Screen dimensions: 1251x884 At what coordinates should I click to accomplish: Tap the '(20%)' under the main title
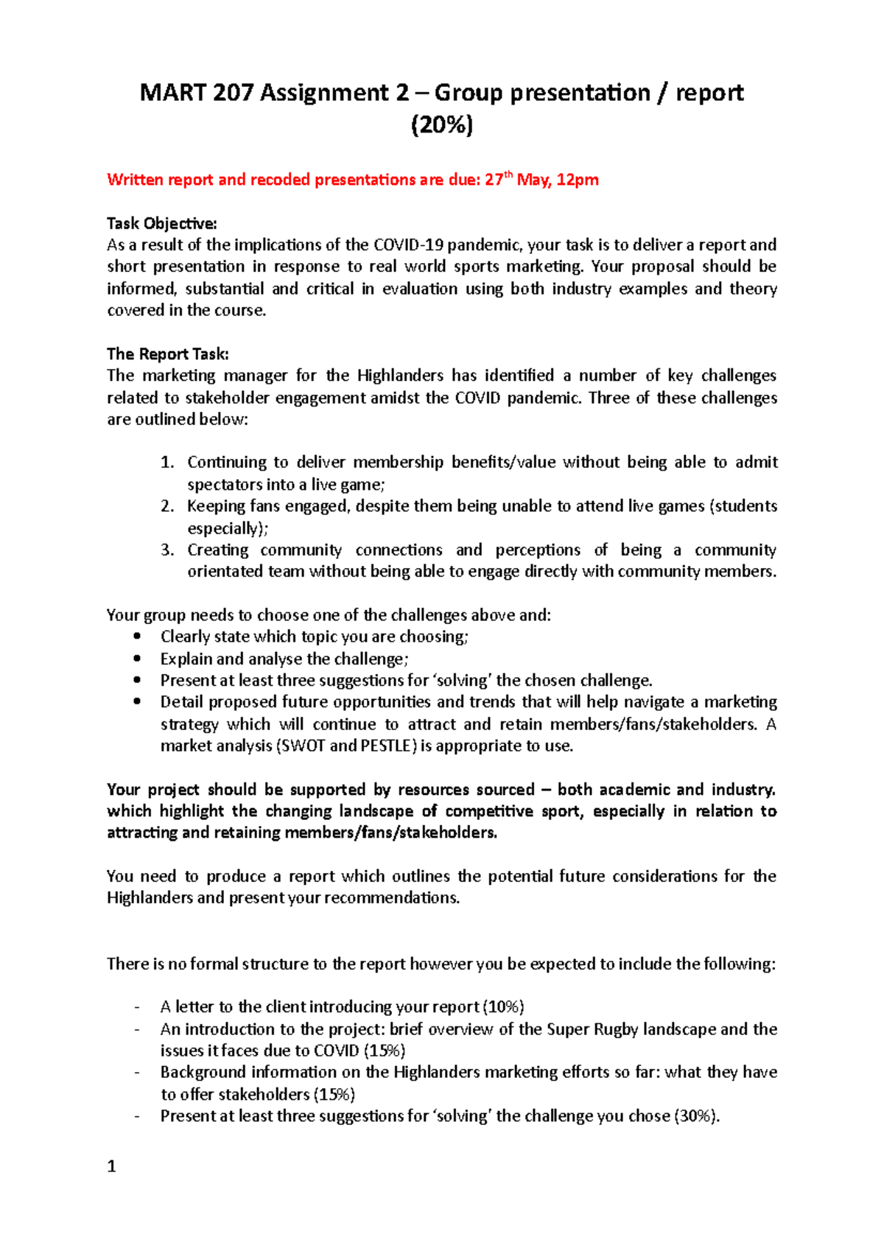[441, 125]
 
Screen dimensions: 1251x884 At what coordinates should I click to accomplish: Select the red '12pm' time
[578, 180]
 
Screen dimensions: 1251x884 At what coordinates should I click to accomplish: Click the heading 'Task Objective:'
[161, 223]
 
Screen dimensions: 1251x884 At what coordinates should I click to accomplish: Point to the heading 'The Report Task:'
[167, 354]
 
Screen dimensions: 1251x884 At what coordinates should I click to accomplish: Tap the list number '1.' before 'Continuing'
[167, 463]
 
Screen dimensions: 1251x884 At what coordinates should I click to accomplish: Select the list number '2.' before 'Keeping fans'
[167, 506]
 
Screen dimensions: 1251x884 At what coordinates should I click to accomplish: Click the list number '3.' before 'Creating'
[167, 550]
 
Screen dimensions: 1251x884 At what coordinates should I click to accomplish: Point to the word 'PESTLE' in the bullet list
[387, 746]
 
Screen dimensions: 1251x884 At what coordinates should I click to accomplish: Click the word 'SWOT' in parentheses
[303, 746]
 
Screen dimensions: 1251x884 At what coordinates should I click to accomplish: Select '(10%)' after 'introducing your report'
[503, 1007]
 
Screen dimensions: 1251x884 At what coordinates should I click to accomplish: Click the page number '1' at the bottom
[111, 1166]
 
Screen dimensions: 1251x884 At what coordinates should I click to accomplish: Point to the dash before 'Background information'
[137, 1073]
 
